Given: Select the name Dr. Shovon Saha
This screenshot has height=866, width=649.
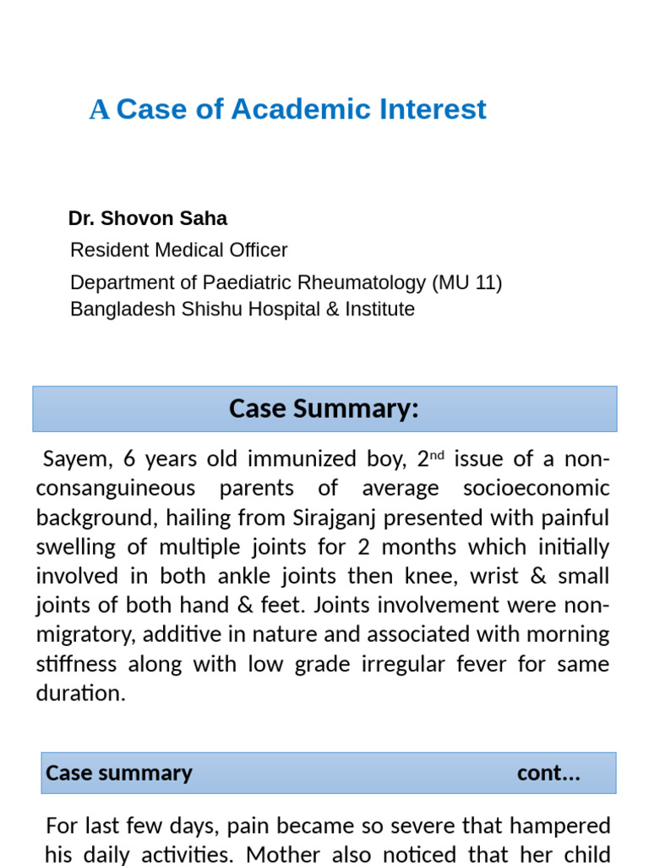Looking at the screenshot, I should (148, 218).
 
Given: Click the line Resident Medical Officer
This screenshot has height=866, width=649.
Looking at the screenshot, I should (178, 250).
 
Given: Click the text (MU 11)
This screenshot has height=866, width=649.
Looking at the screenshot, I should (467, 282).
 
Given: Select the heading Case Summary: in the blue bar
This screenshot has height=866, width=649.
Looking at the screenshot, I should (324, 408).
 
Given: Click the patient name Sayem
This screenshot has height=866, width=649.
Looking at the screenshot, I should (72, 459).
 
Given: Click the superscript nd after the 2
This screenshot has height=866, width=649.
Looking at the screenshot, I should (437, 454).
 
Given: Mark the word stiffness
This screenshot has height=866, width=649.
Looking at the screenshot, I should (77, 665).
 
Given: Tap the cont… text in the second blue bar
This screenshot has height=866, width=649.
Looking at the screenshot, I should (548, 773).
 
